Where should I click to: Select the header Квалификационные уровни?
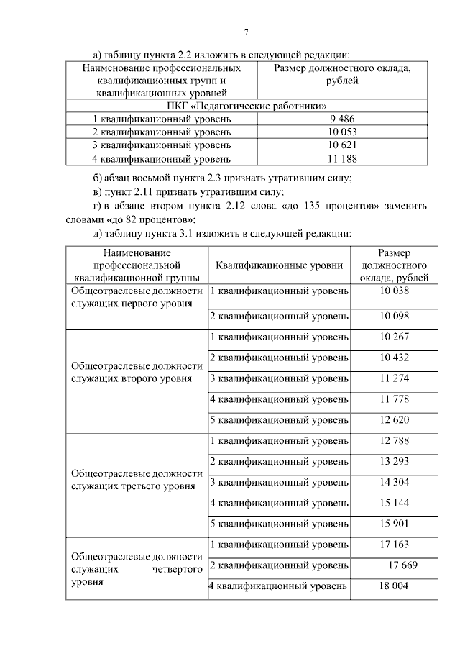[x=279, y=265]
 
